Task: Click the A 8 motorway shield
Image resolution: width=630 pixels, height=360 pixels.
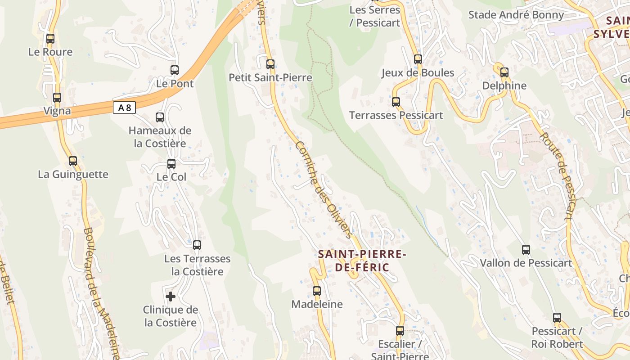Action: pyautogui.click(x=124, y=108)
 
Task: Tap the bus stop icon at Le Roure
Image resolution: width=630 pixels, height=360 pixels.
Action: pyautogui.click(x=50, y=39)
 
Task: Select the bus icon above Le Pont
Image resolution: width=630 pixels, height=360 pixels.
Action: pyautogui.click(x=175, y=70)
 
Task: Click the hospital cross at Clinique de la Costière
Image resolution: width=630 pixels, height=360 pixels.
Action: pyautogui.click(x=171, y=297)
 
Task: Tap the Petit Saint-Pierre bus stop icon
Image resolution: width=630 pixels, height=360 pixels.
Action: pyautogui.click(x=270, y=64)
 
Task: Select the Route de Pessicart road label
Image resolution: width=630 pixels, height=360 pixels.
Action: pyautogui.click(x=557, y=175)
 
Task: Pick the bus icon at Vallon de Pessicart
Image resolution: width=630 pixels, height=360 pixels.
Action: pyautogui.click(x=526, y=250)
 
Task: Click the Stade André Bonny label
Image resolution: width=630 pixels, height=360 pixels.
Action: pyautogui.click(x=516, y=15)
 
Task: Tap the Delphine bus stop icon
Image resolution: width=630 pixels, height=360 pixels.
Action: pyautogui.click(x=504, y=72)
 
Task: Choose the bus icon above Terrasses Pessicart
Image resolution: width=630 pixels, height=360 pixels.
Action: pyautogui.click(x=396, y=102)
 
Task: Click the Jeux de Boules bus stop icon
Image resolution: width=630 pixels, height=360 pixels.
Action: pyautogui.click(x=418, y=59)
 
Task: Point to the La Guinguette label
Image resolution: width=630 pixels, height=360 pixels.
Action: pyautogui.click(x=73, y=174)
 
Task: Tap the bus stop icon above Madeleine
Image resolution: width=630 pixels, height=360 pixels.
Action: pyautogui.click(x=317, y=291)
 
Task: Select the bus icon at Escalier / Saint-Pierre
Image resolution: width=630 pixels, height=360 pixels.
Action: pyautogui.click(x=400, y=331)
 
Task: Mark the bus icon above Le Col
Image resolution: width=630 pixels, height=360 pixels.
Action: pyautogui.click(x=171, y=164)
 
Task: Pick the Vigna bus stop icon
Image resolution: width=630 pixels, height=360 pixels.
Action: pyautogui.click(x=57, y=98)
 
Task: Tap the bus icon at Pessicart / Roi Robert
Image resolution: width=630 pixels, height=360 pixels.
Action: pyautogui.click(x=557, y=318)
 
